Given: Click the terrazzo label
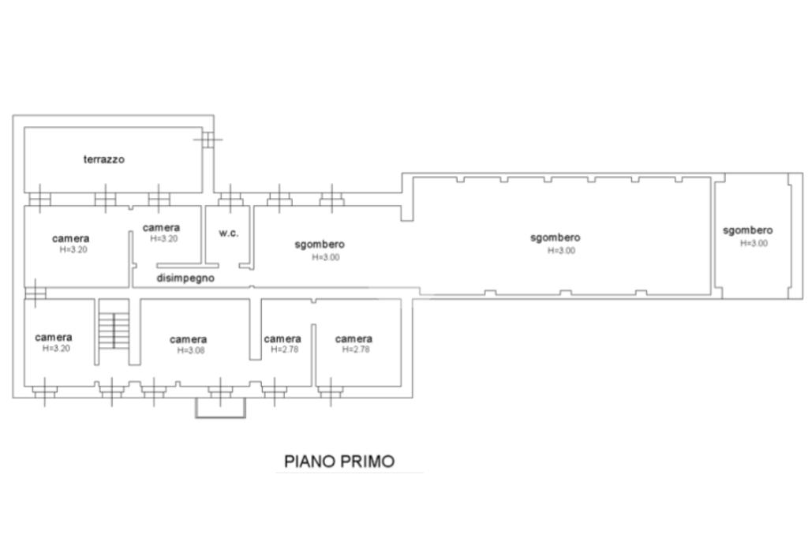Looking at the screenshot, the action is pos(104,159).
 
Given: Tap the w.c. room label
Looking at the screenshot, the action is pos(228,233).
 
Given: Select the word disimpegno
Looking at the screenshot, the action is pos(185,278).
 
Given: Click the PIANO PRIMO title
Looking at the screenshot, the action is pos(339,461).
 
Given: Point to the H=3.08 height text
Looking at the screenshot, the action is pos(191,350).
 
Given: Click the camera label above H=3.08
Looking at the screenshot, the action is pos(188,339).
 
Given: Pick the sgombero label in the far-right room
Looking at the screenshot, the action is pos(748,230).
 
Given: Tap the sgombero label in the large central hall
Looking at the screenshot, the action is pos(555,237).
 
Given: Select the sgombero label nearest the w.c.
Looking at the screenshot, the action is pos(320,245).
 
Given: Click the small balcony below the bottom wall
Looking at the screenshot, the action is pos(221,407).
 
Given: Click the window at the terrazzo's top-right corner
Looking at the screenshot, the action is pos(208,139).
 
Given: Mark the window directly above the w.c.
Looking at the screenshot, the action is pos(230,199).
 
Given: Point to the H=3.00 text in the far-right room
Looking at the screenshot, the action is pos(754,243).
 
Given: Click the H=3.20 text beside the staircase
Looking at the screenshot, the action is pos(56,349).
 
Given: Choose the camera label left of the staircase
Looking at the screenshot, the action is pos(54,338).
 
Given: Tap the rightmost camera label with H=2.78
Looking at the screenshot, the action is pos(353,338).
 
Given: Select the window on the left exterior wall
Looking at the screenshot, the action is pos(35,293).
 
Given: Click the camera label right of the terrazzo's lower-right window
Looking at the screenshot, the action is pos(161,228).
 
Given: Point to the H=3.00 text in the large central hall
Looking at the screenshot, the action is pos(561,250).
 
